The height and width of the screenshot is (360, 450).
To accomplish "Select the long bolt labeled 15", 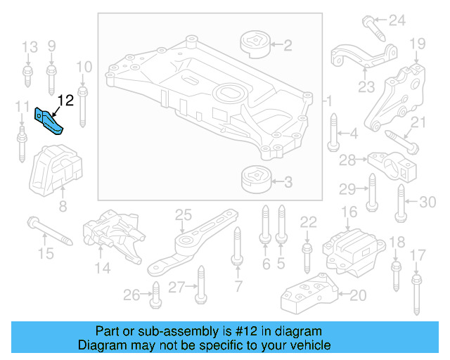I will (50, 232).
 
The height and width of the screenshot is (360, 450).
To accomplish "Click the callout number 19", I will (418, 44).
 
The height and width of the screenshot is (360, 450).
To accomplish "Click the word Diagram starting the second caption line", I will (101, 345).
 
